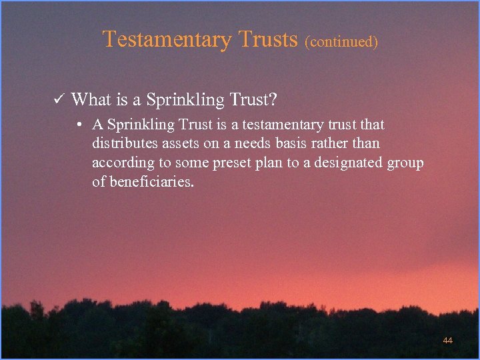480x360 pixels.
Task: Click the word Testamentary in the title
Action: tap(166, 39)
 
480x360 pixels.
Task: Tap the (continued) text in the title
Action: tap(341, 42)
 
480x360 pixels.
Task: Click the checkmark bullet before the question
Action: tap(58, 100)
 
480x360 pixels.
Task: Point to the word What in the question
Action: tap(91, 100)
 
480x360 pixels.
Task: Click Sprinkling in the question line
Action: tap(185, 100)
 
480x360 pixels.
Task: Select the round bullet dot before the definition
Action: tap(79, 125)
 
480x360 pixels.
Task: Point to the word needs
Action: tap(251, 144)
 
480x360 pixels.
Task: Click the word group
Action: tap(405, 163)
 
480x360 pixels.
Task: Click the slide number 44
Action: tap(447, 341)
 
